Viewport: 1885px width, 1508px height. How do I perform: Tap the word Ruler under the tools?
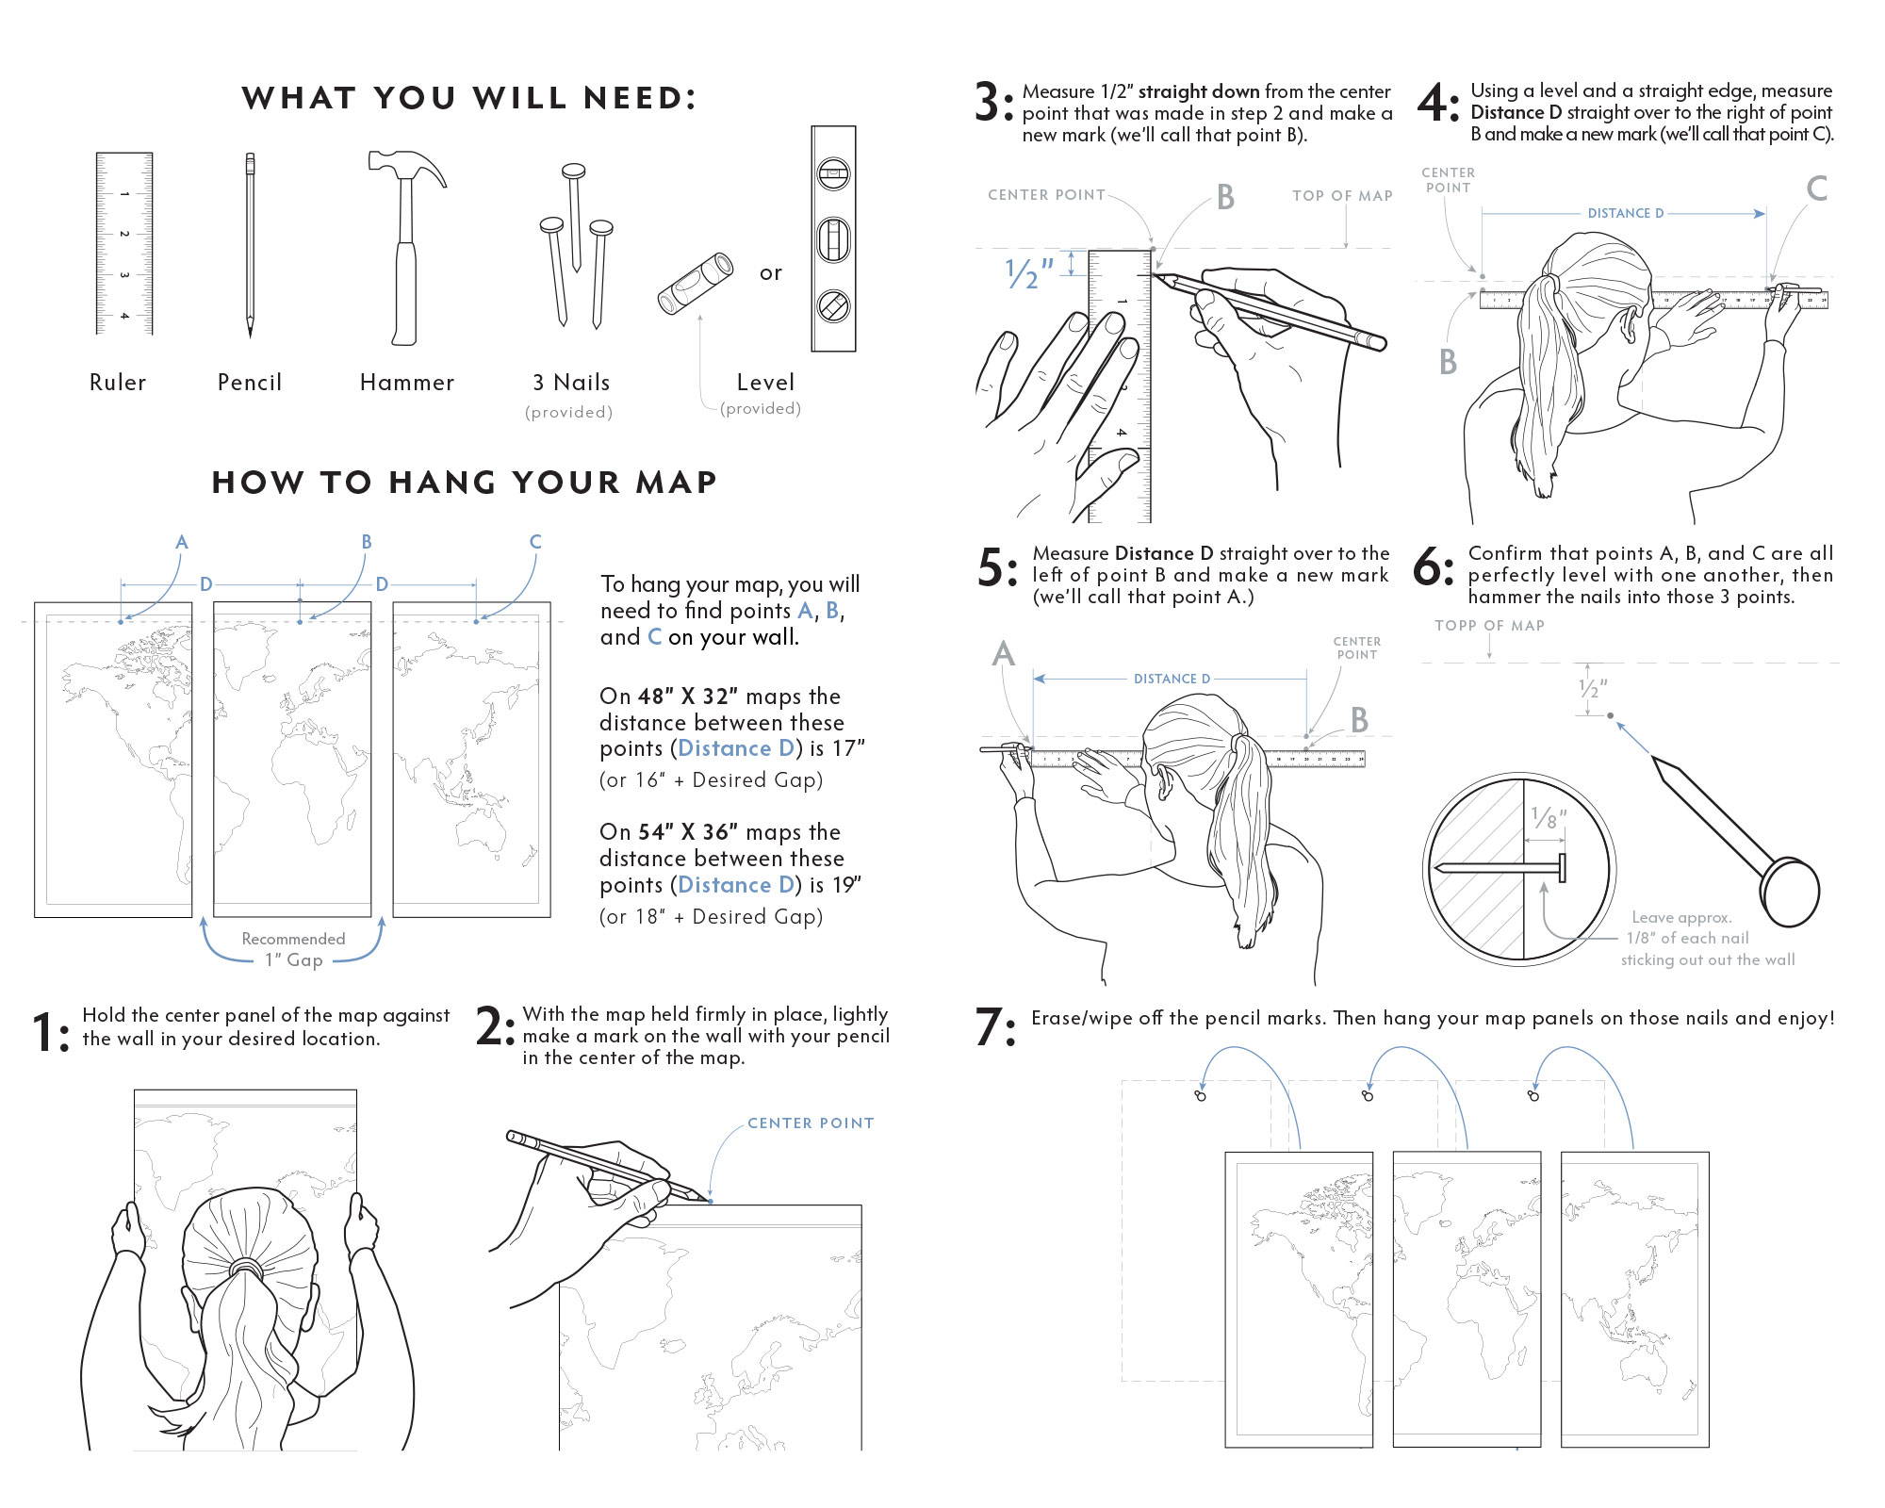[118, 383]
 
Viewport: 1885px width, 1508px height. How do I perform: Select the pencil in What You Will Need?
[250, 245]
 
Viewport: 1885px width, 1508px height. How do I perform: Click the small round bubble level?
[696, 283]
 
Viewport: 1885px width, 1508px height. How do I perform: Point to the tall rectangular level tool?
[833, 238]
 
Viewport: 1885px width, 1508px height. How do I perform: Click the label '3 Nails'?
[571, 383]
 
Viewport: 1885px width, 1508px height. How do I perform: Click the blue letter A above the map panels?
[182, 542]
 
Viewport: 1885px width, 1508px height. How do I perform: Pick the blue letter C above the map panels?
[535, 542]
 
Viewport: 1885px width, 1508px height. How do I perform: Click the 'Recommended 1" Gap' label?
[293, 949]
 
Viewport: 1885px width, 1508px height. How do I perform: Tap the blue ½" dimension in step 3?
[1028, 272]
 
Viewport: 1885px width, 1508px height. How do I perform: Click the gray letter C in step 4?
[1816, 188]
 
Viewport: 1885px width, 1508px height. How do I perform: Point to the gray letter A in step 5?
[1004, 653]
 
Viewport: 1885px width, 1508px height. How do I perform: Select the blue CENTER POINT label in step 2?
[811, 1123]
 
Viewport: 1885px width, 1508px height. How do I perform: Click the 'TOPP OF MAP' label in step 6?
[1489, 626]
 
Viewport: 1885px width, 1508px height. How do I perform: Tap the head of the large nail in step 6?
[1791, 892]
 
